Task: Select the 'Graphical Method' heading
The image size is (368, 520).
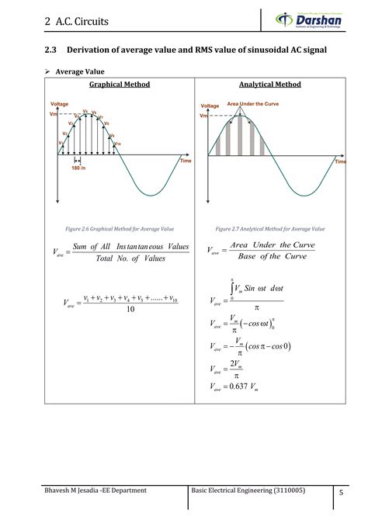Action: (120, 84)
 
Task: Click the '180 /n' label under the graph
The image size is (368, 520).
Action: (78, 168)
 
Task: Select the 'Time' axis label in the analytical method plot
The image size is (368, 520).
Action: (340, 162)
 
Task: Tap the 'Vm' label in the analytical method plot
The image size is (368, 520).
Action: (204, 116)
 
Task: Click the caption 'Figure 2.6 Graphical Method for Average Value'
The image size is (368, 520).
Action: (120, 230)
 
